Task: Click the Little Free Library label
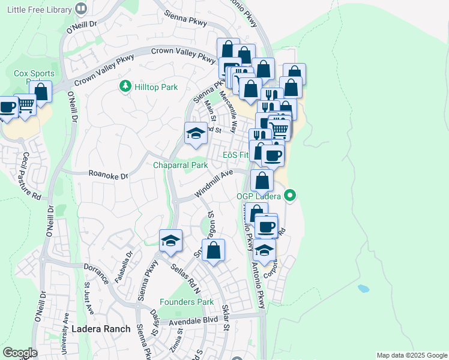pos(36,9)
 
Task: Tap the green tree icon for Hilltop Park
pos(125,87)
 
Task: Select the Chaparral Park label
pos(180,165)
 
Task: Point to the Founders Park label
pos(187,302)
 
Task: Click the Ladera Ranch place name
pos(101,329)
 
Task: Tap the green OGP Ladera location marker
pos(291,196)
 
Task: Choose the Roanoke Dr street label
pos(108,176)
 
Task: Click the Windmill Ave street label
pos(213,184)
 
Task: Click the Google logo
pos(20,353)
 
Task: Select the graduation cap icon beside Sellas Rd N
pos(171,241)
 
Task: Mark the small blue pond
pos(363,288)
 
